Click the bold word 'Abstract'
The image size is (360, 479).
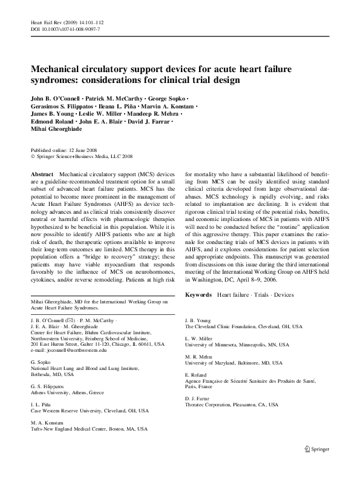pyautogui.click(x=42, y=174)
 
